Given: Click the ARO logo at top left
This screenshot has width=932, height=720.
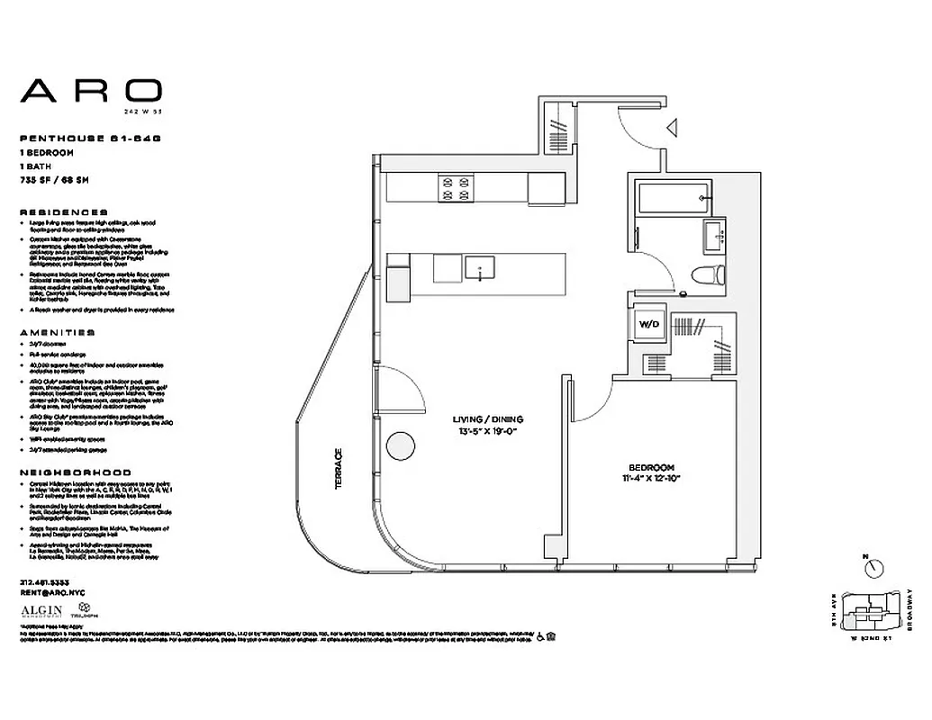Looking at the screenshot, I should tap(91, 90).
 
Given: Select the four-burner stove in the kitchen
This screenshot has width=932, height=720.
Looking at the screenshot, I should tap(455, 188).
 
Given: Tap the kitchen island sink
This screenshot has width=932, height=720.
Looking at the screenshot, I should tap(482, 267).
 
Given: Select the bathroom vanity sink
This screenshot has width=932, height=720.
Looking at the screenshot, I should tap(719, 237).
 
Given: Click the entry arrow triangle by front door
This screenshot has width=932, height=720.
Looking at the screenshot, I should tap(671, 130).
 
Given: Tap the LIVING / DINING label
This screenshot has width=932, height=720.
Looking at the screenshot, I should tap(489, 419).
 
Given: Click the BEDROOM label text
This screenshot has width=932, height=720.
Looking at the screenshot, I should tap(651, 466).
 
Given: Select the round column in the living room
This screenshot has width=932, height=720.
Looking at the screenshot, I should tap(399, 445).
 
